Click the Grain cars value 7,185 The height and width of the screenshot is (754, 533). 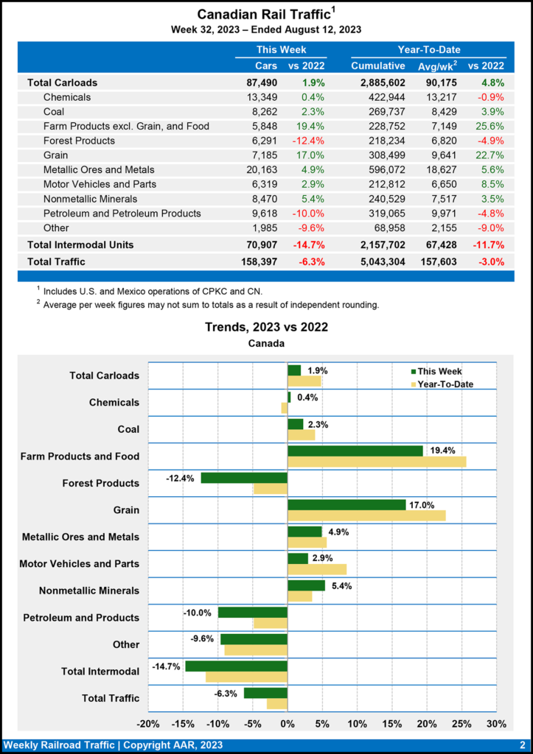244,155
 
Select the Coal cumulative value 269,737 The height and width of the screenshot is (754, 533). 380,112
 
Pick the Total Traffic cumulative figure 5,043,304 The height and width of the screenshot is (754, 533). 379,261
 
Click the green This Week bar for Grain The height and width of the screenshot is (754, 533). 346,504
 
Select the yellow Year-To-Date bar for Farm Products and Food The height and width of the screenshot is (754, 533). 377,462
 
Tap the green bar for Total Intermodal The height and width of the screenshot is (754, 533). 236,666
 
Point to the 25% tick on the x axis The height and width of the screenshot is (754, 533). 461,723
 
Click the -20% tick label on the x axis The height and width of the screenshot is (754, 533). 148,723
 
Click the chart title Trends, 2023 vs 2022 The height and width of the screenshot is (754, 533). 266,327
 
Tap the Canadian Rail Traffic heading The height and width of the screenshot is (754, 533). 266,15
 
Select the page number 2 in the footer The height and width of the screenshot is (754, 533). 522,745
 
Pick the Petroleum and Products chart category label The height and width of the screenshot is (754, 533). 81,617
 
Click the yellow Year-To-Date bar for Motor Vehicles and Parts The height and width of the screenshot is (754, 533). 317,569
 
